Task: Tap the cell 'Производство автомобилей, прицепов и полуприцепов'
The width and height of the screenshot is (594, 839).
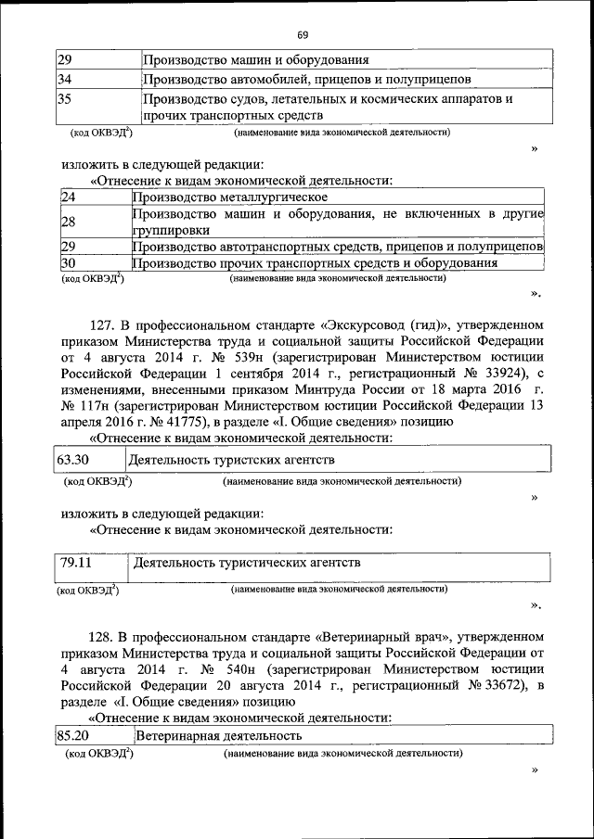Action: [x=312, y=79]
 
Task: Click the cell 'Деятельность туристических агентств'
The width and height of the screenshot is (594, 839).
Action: [x=247, y=563]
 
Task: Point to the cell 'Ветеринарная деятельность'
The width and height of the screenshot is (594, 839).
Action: [x=219, y=736]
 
